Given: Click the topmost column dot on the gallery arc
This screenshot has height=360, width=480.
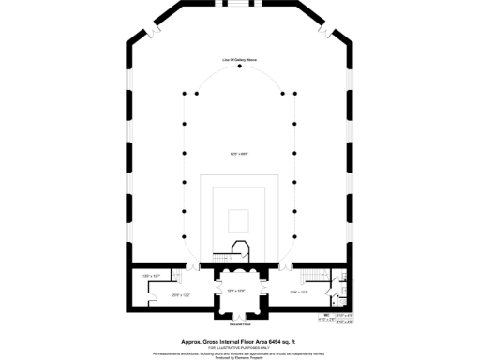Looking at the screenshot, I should (240, 69).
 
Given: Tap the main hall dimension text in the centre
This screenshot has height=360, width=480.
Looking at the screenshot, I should (240, 152).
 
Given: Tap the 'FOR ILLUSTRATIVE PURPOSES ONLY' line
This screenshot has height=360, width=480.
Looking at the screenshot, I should (240, 348).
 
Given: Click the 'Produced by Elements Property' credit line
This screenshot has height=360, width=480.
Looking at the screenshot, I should (240, 357).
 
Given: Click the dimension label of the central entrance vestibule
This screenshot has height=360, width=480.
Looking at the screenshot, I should (239, 291).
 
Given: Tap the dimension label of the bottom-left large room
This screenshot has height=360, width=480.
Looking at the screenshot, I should (181, 293).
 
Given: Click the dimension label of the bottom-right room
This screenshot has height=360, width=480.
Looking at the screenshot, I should (299, 292).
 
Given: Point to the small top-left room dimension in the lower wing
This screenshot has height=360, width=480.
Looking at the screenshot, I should (152, 276).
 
